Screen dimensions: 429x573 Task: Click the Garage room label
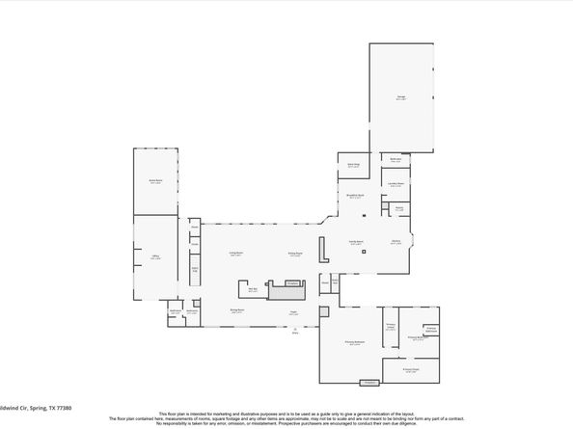tap(400, 95)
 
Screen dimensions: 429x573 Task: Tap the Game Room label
tap(155, 180)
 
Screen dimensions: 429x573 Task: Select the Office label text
tap(154, 255)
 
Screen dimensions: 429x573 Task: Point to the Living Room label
tap(235, 254)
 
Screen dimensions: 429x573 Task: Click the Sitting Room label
tap(295, 254)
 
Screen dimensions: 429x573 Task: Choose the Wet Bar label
tap(253, 288)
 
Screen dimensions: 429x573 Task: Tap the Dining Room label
tap(236, 310)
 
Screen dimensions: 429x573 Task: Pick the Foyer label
tap(292, 311)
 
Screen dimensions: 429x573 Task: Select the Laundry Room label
tap(396, 182)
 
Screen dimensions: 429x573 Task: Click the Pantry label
tap(398, 207)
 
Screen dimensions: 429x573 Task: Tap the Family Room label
tap(356, 242)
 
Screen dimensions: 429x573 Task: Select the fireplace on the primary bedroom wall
tap(368, 383)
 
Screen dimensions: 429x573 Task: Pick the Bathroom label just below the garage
tap(396, 160)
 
